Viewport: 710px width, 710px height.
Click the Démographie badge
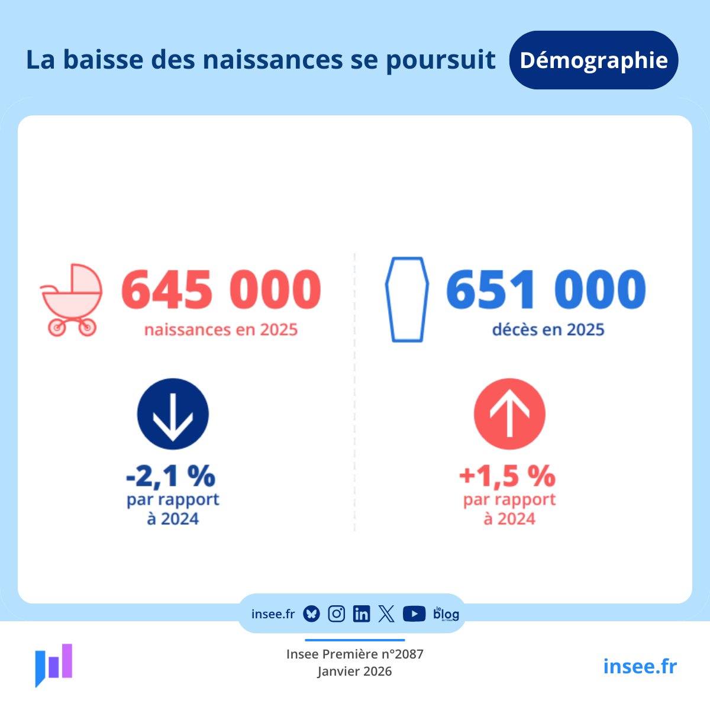pos(593,60)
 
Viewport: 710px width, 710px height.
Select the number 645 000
pos(221,290)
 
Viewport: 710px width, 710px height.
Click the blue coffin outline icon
pos(407,299)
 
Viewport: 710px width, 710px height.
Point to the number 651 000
pos(546,290)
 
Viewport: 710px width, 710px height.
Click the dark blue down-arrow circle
pos(173,414)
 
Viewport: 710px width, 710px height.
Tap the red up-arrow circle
pos(509,414)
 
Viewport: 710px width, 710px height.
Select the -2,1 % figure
pos(171,475)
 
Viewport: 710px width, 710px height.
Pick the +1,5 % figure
pos(508,475)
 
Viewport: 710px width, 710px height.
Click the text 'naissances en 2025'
pos(221,330)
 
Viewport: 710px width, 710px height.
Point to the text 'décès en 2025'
pos(548,330)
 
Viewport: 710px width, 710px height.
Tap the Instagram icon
pos(336,614)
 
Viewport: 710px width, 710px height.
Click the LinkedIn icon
pos(361,614)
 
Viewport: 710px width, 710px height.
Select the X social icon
pos(386,614)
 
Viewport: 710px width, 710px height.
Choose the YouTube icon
pos(414,614)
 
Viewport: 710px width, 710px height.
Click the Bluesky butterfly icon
pos(311,614)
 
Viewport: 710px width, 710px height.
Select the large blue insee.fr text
pos(640,666)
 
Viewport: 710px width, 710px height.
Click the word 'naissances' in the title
pos(273,60)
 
